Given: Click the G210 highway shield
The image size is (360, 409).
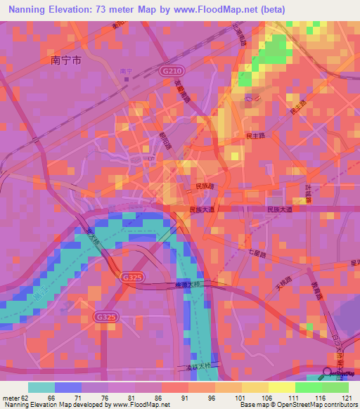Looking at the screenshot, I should point(168,72).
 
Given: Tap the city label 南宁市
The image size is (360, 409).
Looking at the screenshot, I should point(66,60).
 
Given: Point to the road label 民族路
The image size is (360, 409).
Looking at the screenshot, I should point(204,187).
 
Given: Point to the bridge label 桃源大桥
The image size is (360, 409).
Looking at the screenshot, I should point(188,285).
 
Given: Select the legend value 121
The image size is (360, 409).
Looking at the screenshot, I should point(346,397).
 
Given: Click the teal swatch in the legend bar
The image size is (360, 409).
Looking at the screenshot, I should point(41,387).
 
